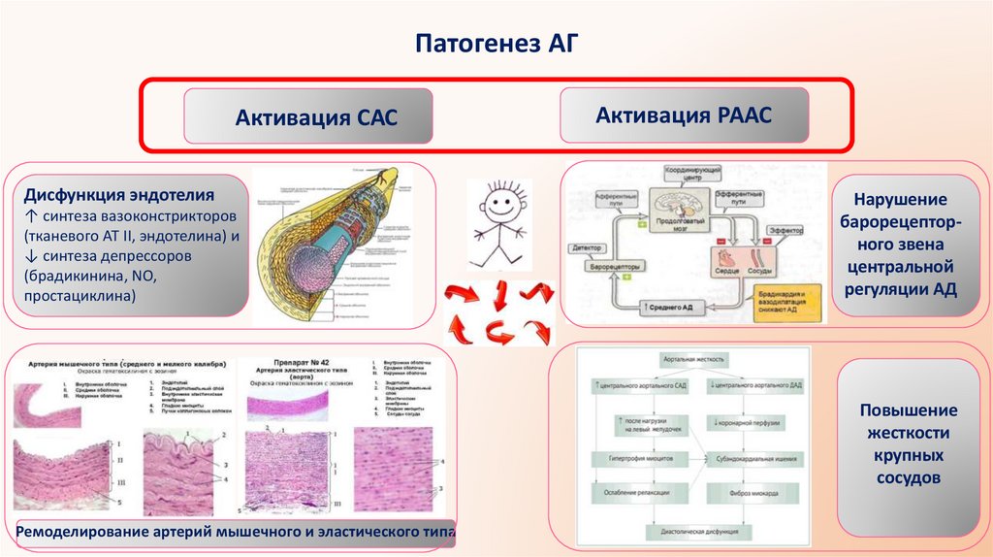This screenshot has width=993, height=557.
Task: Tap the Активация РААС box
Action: (683, 115)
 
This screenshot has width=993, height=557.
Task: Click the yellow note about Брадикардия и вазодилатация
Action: (786, 301)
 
